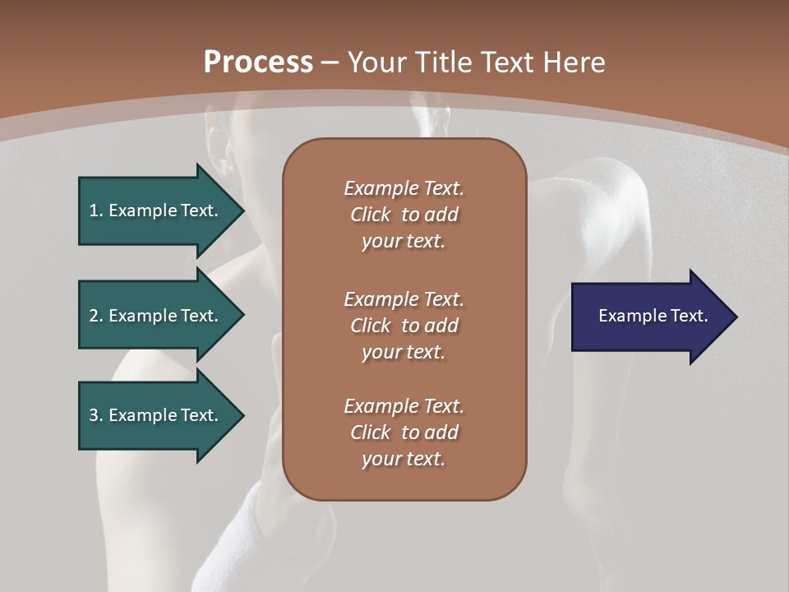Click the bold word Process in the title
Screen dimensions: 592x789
[258, 62]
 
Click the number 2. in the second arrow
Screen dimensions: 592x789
[96, 316]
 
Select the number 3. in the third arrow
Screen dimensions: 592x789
[96, 415]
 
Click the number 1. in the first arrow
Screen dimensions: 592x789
[96, 210]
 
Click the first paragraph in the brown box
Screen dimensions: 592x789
[404, 215]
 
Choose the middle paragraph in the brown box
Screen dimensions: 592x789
[404, 326]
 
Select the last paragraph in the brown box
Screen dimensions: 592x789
[404, 432]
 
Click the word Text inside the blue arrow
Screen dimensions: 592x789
[690, 316]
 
